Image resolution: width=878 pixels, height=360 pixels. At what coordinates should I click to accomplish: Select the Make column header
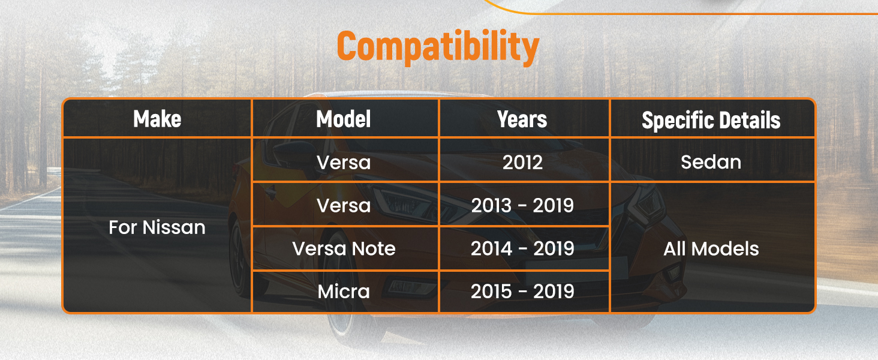[157, 119]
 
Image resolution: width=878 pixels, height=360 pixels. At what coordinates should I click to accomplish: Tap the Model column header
[344, 119]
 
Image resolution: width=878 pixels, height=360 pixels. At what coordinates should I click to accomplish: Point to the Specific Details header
[711, 120]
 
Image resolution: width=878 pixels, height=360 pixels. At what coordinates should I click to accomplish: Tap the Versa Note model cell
[344, 248]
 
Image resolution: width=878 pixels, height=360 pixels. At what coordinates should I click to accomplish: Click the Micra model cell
[344, 292]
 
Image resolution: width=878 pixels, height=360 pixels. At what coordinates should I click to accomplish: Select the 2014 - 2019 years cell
[522, 248]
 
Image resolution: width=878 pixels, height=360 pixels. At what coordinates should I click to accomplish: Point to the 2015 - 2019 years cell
[522, 292]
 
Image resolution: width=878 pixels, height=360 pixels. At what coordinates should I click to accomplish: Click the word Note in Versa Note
[374, 248]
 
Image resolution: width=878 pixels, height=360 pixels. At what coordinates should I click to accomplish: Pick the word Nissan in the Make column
[174, 227]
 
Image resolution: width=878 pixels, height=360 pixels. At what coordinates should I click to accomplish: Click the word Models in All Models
[725, 249]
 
